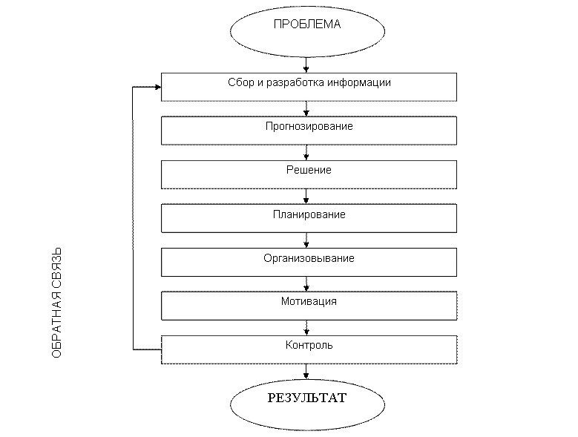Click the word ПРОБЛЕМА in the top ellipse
(x=307, y=24)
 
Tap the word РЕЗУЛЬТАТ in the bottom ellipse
(x=307, y=398)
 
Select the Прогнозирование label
(x=309, y=126)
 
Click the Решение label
(x=309, y=170)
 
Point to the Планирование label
(x=309, y=214)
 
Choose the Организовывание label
(x=309, y=258)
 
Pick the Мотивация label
(x=309, y=301)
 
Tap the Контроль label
(x=309, y=345)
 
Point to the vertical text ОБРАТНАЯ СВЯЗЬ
(x=56, y=303)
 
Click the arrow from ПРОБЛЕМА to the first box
(x=306, y=65)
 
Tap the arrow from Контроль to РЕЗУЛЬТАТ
(x=306, y=372)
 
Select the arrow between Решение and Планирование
(x=306, y=197)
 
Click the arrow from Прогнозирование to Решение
(x=306, y=153)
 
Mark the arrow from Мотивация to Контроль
(x=306, y=328)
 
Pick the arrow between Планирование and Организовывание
(x=306, y=240)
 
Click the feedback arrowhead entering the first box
(x=158, y=88)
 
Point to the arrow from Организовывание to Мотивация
(x=306, y=284)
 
